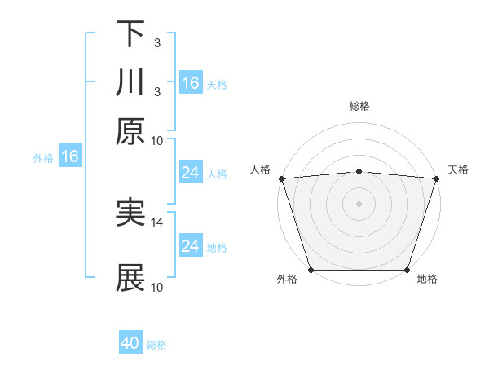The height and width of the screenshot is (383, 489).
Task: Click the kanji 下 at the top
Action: click(x=130, y=34)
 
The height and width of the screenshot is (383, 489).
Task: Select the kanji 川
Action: click(x=130, y=83)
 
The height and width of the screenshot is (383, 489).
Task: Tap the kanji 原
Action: click(x=130, y=130)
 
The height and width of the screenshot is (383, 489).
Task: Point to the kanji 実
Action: click(x=130, y=213)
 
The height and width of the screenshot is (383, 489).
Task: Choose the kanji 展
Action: click(x=130, y=278)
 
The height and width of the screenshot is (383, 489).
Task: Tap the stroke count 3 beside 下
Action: click(x=156, y=42)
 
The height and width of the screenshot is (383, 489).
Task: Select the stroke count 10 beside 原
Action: click(x=157, y=140)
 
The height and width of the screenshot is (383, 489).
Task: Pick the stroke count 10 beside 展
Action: click(x=157, y=287)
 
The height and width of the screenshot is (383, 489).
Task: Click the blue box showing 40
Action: click(x=130, y=343)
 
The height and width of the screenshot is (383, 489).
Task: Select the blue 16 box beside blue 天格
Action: click(x=191, y=83)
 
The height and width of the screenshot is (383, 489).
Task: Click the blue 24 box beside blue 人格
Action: click(x=191, y=173)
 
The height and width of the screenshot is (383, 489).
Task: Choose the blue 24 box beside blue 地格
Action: click(x=191, y=246)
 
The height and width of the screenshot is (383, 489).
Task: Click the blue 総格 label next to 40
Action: click(x=156, y=345)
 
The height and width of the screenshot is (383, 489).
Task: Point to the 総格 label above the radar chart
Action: click(x=359, y=106)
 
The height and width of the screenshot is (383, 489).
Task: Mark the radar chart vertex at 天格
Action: click(x=436, y=178)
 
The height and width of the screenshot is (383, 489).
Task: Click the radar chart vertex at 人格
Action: click(x=281, y=178)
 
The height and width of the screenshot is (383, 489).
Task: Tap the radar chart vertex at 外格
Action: click(x=311, y=269)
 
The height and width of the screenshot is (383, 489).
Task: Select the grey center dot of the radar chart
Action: click(x=359, y=203)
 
